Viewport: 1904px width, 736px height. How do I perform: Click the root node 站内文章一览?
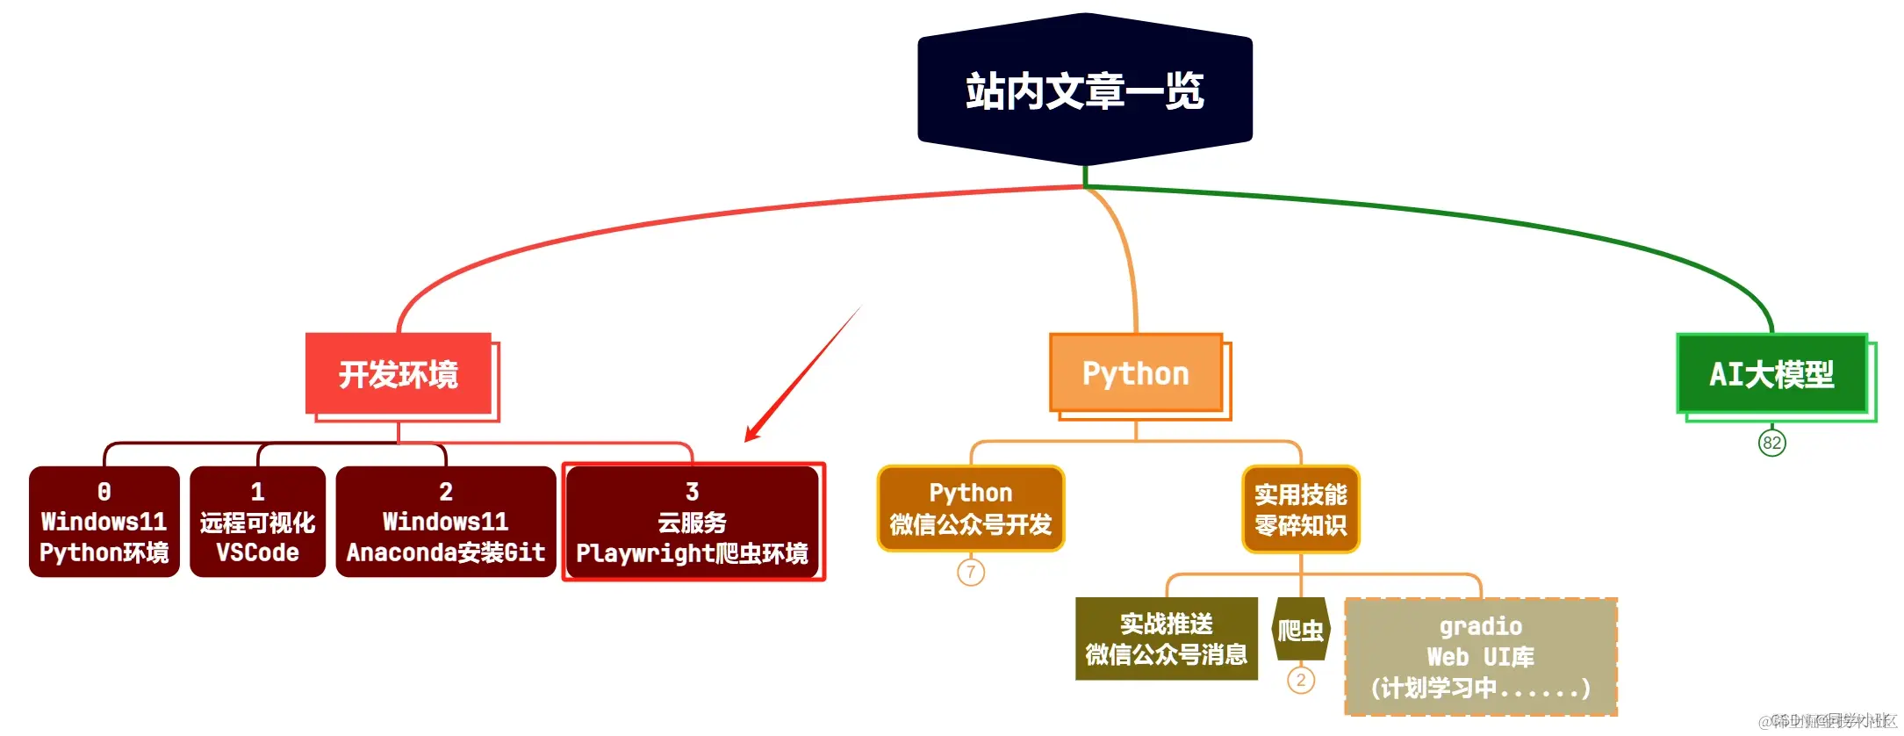click(1085, 90)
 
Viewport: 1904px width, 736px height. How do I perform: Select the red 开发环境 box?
click(399, 374)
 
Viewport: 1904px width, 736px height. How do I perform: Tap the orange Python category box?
click(1136, 373)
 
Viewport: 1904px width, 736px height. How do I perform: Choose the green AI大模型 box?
click(1771, 374)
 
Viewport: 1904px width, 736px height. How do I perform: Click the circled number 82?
click(1771, 443)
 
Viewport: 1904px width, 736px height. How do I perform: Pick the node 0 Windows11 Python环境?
click(104, 522)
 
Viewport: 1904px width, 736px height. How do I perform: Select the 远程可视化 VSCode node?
click(257, 522)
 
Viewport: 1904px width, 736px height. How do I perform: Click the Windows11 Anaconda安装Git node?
click(446, 522)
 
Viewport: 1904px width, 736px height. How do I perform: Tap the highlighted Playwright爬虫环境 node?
click(693, 522)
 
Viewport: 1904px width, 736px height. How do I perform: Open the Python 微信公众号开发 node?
click(971, 509)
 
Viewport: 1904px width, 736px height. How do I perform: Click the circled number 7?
click(971, 572)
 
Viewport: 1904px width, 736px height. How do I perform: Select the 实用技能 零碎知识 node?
click(1300, 509)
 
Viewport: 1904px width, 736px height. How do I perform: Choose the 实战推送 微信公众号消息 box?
click(1166, 639)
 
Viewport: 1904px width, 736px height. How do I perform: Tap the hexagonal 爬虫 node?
click(1300, 630)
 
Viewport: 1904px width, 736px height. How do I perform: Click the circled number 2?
click(1300, 680)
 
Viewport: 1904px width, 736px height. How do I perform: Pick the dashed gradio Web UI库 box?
click(1480, 657)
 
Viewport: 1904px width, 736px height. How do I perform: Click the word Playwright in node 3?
click(644, 553)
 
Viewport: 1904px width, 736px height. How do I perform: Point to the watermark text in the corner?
click(1830, 721)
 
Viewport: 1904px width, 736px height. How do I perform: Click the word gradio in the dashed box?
click(1480, 626)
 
